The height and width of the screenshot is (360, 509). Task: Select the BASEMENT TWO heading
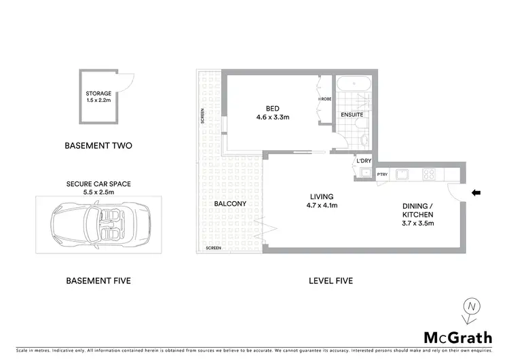tap(98, 145)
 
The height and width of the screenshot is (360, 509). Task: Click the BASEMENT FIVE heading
tap(98, 281)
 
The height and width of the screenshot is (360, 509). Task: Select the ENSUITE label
tap(352, 115)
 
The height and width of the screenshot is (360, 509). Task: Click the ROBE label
tap(326, 99)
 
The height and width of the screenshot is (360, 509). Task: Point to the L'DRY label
tap(363, 160)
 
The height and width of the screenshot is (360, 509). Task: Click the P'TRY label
tap(381, 174)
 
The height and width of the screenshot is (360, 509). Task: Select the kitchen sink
tap(402, 174)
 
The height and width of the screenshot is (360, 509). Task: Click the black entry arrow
tap(476, 193)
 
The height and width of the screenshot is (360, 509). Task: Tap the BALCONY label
tap(229, 203)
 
